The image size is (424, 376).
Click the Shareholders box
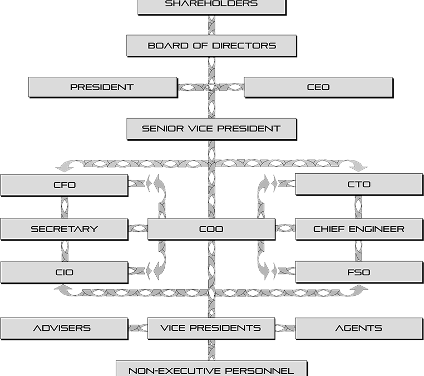tap(211, 5)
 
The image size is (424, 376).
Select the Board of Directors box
tap(211, 46)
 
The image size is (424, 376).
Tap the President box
tap(102, 87)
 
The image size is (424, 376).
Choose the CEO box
tap(318, 87)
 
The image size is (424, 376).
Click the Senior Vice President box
tap(211, 129)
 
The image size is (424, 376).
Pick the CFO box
tap(64, 185)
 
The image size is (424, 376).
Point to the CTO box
tap(358, 184)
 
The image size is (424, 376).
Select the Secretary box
tap(64, 229)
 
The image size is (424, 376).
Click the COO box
tap(211, 229)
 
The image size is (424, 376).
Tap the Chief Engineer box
tap(358, 229)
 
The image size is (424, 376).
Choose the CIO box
tap(64, 272)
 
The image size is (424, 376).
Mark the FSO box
tap(358, 272)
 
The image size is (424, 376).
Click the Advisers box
tap(64, 328)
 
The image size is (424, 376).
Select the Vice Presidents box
tap(211, 328)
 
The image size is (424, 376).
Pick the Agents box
tap(358, 328)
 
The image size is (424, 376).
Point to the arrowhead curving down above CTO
tap(361, 165)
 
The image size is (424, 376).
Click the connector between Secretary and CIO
tap(64, 251)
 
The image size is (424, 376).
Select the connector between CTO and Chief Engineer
tap(358, 207)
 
